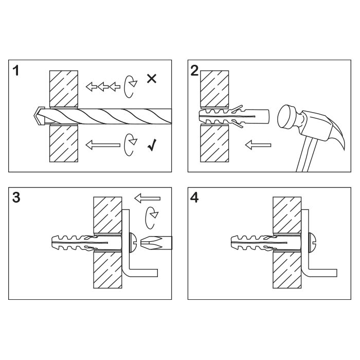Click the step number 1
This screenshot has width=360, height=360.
click(x=15, y=70)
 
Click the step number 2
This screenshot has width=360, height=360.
click(x=194, y=70)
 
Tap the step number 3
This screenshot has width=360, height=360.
click(x=16, y=197)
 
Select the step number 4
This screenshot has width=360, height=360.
click(x=194, y=197)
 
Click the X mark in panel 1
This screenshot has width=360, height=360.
click(x=152, y=79)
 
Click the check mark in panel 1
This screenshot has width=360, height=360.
click(x=152, y=145)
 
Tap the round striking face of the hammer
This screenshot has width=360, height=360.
click(x=287, y=116)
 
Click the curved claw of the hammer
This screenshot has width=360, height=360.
click(x=337, y=133)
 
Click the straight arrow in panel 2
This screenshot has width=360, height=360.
click(x=258, y=145)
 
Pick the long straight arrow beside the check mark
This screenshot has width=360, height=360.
click(x=103, y=145)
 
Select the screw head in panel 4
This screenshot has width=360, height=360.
click(x=312, y=243)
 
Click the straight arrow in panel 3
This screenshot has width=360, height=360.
click(x=147, y=199)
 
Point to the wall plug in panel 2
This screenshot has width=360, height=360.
click(x=233, y=117)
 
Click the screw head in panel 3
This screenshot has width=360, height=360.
click(x=133, y=243)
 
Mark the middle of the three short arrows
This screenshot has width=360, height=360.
click(x=103, y=86)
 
